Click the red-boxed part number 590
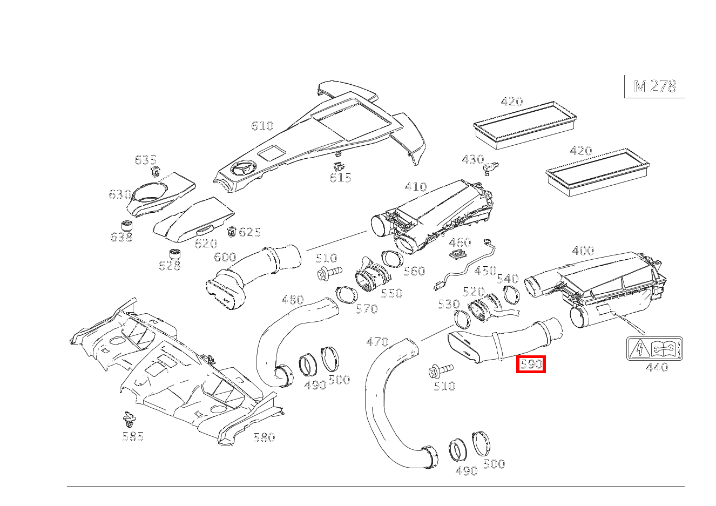531,364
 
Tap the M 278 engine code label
655,86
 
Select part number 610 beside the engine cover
262,126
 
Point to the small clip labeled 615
338,166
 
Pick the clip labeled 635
155,172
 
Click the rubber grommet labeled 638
127,226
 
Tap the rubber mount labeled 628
174,254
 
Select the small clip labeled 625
231,231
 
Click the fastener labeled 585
130,420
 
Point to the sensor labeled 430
491,168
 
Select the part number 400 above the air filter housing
583,250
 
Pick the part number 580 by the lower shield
264,437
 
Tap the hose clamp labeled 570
347,296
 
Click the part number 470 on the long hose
377,342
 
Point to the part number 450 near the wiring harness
485,271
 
